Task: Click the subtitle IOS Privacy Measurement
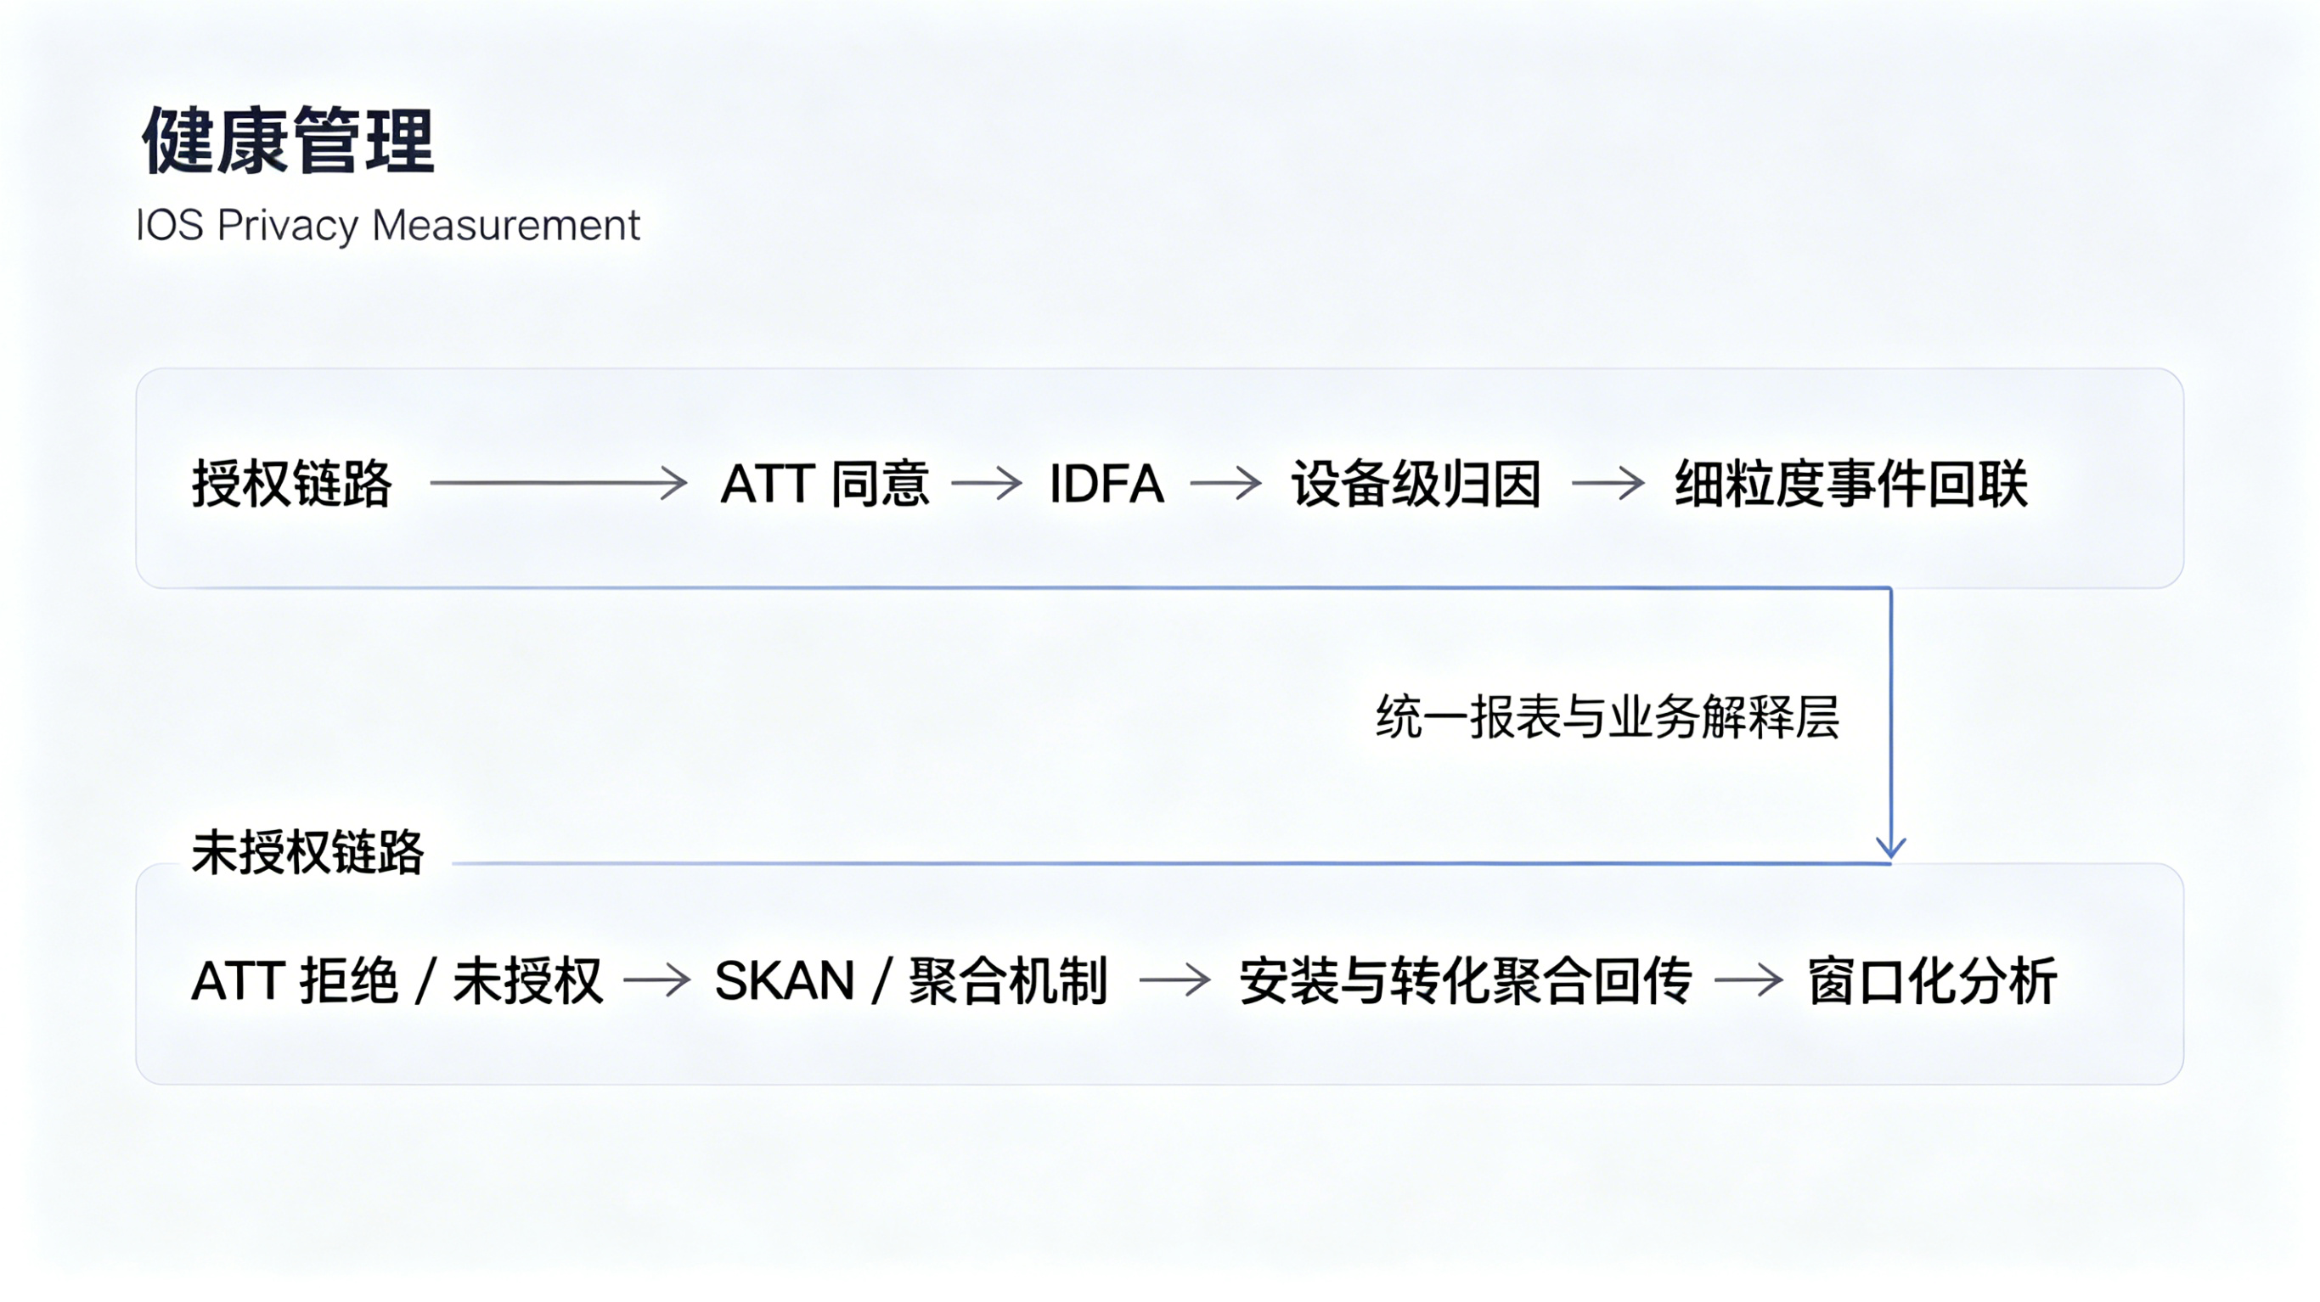387,225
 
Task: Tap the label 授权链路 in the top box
292,484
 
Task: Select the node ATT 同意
824,484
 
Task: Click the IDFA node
1106,484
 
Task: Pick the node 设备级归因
1416,484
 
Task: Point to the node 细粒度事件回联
1850,484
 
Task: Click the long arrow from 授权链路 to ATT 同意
559,484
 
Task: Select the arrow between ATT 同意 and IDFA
986,484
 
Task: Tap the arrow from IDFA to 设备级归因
1225,484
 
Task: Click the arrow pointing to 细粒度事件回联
1608,484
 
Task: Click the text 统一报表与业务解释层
1607,718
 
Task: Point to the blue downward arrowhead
1890,846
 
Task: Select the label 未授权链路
307,852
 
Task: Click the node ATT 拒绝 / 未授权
397,980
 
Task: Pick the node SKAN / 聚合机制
910,980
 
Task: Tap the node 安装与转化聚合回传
1466,980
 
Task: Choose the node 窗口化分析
1932,980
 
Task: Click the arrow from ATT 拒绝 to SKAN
656,980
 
